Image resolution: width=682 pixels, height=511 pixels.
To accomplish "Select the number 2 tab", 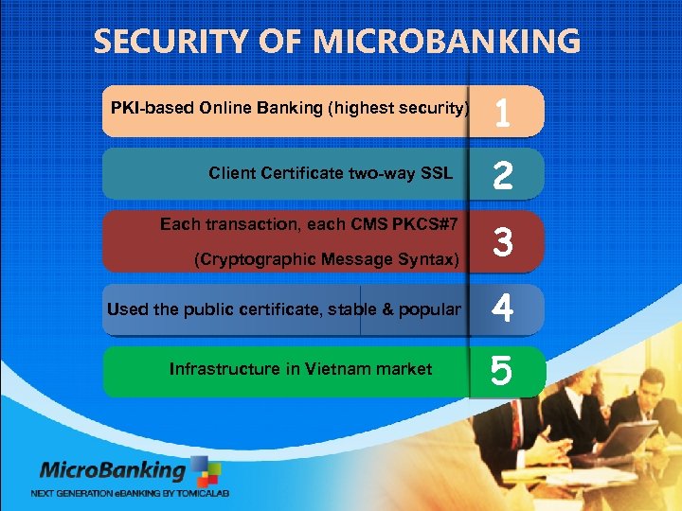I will point(504,176).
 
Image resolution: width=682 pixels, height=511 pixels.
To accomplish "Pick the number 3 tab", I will point(504,242).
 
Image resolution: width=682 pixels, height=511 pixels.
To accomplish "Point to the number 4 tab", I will point(504,309).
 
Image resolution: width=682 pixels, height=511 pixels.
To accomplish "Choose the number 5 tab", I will point(504,371).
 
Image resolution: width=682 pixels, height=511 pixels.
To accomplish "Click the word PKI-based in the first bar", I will point(152,108).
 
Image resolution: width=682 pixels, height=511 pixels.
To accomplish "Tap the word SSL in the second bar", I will point(436,174).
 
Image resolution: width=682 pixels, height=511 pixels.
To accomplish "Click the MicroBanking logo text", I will point(112,470).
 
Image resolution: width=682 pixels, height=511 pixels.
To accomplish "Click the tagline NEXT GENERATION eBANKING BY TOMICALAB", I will point(130,493).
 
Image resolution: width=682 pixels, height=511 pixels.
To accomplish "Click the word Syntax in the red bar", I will point(432,260).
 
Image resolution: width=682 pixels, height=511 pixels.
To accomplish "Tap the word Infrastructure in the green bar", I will point(224,369).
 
